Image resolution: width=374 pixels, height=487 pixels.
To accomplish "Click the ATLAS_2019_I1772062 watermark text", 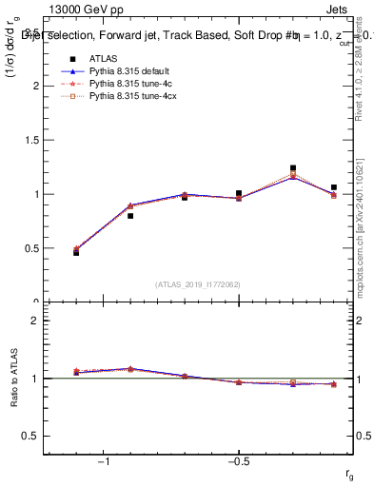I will pyautogui.click(x=198, y=283).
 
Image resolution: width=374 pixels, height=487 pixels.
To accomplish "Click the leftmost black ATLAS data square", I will pyautogui.click(x=76, y=253).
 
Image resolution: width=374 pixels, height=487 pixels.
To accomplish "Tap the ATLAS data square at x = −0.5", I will pyautogui.click(x=239, y=193).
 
